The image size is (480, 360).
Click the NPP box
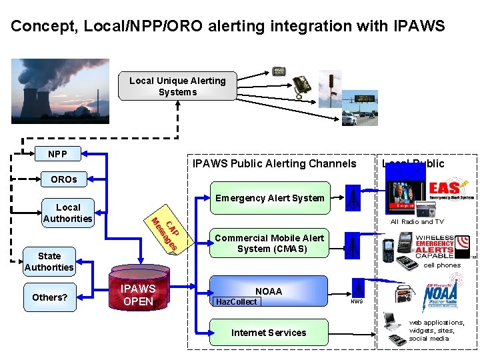click(x=57, y=154)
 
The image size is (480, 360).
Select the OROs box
click(x=64, y=179)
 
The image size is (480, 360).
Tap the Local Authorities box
click(x=67, y=213)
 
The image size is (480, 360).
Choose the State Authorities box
click(x=49, y=261)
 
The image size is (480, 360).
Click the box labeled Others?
click(x=49, y=297)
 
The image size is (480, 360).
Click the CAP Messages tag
click(x=164, y=234)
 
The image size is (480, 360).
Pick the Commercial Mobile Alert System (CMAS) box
click(x=269, y=244)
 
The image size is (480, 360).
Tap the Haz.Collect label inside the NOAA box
click(x=235, y=302)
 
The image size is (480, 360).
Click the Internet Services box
click(x=269, y=333)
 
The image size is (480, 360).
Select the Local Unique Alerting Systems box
click(x=177, y=87)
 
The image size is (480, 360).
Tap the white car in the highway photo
click(x=349, y=118)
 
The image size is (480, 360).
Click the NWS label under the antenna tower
click(x=357, y=301)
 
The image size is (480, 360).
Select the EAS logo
click(x=451, y=188)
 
